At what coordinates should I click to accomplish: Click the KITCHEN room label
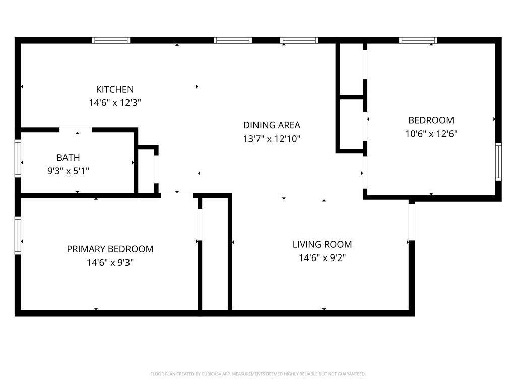115,90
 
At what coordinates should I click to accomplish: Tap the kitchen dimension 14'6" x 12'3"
115,103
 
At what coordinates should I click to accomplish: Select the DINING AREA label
272,125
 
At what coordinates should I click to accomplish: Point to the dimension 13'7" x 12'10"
272,139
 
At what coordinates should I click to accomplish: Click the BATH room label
68,158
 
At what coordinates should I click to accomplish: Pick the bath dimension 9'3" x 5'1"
68,171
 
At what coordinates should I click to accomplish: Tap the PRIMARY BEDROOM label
110,249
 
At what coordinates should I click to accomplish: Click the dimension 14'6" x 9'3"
110,263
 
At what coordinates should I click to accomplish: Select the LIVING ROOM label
322,245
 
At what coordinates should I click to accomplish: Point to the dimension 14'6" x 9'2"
322,258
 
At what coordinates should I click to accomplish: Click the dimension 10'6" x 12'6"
431,134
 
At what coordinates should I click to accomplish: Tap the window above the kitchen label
111,40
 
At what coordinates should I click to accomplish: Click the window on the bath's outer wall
18,159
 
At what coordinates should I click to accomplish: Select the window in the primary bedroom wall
18,235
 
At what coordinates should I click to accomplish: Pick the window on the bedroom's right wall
498,162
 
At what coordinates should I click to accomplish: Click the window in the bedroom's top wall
418,40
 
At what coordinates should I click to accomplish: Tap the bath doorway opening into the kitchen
76,130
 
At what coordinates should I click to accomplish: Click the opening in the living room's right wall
412,222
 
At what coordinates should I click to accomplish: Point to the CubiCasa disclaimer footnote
258,374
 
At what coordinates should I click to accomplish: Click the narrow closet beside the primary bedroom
215,253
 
